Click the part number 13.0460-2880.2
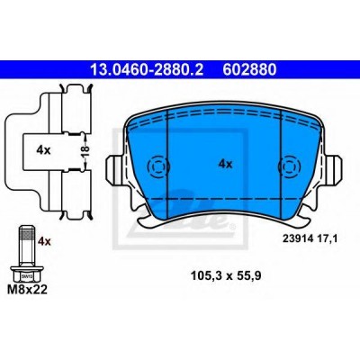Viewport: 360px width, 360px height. coord(147,70)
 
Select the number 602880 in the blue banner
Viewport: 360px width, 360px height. coord(249,70)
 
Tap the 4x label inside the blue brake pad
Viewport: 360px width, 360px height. coord(226,164)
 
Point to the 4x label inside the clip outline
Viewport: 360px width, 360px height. coord(44,150)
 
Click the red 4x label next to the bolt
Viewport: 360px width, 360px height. coord(44,241)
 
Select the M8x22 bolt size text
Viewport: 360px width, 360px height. coord(27,290)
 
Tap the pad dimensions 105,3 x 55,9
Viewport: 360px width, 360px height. coord(226,275)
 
